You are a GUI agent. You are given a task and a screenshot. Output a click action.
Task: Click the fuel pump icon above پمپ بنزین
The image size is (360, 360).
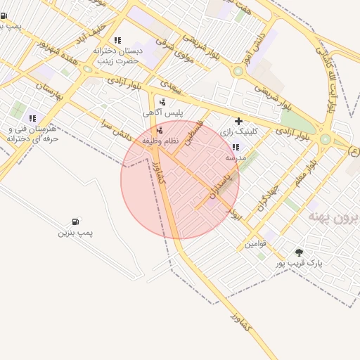[x=75, y=222]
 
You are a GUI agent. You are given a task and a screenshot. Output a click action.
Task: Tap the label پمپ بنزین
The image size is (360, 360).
[x=75, y=232]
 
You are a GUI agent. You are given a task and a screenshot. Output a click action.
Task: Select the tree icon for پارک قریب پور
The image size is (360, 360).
[x=300, y=252]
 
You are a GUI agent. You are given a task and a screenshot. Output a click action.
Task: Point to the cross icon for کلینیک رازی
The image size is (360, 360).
[x=238, y=121]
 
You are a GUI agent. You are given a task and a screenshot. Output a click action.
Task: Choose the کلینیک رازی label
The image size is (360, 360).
[x=239, y=131]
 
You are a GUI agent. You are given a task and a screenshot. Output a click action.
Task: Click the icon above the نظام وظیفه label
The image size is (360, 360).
[x=160, y=130]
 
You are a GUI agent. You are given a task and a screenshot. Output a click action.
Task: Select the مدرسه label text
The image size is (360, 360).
[x=235, y=158]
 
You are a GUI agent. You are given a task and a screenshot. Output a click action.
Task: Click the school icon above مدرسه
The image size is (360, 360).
[x=235, y=148]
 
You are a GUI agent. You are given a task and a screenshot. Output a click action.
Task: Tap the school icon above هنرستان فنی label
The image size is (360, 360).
[x=32, y=118]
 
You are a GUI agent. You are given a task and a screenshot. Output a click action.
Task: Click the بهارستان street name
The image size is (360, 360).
[x=49, y=91]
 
